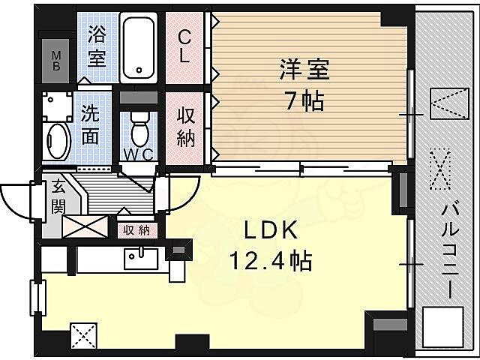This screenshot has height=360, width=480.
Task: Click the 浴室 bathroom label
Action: point(96,45)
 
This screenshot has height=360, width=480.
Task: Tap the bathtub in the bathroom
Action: point(139,46)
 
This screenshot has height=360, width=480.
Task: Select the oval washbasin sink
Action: point(57,139)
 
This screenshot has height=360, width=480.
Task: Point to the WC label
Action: point(139,154)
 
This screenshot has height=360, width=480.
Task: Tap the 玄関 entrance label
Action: point(58,196)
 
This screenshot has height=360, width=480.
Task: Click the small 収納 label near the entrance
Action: point(136,230)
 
